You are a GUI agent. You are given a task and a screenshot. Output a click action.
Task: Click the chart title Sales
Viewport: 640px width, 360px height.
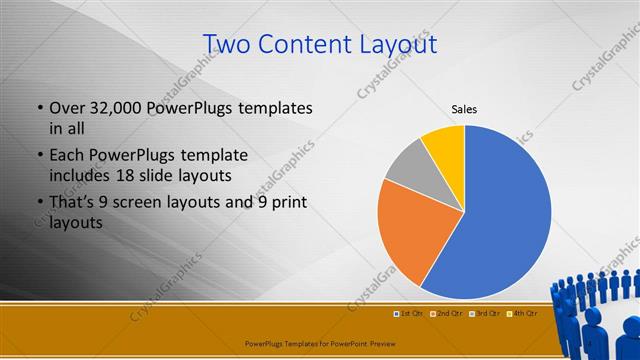pyautogui.click(x=464, y=108)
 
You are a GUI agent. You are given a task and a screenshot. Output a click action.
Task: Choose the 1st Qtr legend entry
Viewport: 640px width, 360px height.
pyautogui.click(x=408, y=313)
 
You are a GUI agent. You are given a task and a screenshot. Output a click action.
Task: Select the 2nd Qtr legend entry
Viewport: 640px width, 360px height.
pyautogui.click(x=445, y=313)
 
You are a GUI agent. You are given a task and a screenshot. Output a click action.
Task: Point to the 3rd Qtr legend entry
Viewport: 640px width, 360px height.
pyautogui.click(x=484, y=313)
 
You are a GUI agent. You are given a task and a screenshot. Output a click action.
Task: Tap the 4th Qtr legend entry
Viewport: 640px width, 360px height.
pyautogui.click(x=523, y=313)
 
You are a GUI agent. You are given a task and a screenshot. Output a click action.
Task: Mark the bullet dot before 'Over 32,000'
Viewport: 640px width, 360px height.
pyautogui.click(x=39, y=108)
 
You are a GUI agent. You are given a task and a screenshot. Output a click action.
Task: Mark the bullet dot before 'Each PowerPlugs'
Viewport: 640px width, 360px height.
pyautogui.click(x=39, y=156)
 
